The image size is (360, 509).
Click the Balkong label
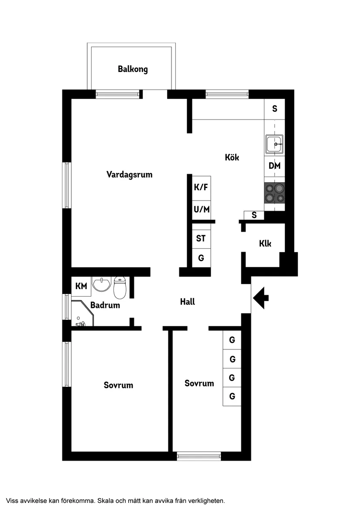(x=133, y=69)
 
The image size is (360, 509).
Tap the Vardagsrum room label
(x=129, y=174)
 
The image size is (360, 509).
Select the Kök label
(x=232, y=157)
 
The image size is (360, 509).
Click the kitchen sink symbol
(x=274, y=144)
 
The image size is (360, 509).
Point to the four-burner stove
(x=274, y=193)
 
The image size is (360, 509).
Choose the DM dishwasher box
(x=274, y=166)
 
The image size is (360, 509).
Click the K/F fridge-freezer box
(x=201, y=188)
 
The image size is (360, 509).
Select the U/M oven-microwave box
(x=201, y=209)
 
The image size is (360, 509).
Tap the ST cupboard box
(x=201, y=239)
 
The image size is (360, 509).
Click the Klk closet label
(x=265, y=243)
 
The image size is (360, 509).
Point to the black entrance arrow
(x=261, y=298)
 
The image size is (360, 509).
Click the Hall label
(x=188, y=301)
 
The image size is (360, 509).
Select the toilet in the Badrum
(x=120, y=287)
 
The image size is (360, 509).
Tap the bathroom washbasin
(x=102, y=284)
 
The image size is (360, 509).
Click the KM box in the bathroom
(x=81, y=286)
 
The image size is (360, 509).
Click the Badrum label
(x=105, y=305)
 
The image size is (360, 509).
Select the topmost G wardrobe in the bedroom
(x=232, y=340)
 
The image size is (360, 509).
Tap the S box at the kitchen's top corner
(x=274, y=109)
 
